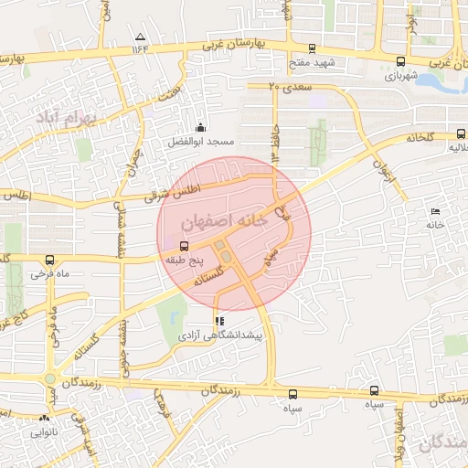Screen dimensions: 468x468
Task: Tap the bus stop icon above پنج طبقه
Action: [x=185, y=246]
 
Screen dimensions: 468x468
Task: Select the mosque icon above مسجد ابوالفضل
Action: [x=201, y=128]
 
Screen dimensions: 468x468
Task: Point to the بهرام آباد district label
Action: [x=62, y=118]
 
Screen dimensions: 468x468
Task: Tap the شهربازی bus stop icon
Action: [x=400, y=61]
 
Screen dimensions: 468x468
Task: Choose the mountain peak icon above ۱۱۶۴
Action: [x=140, y=37]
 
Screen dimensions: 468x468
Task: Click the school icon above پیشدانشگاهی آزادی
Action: [x=218, y=322]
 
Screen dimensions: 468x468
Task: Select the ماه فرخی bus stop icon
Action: [x=49, y=259]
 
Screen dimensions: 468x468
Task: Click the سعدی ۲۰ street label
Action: [x=291, y=85]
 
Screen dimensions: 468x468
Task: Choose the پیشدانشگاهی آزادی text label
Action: [x=219, y=337]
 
